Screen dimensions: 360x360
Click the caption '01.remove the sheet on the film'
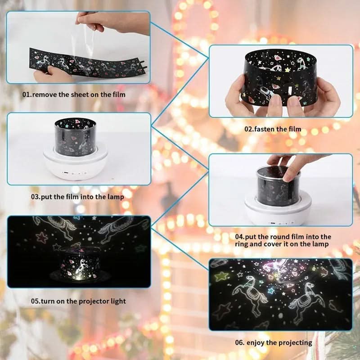pyautogui.click(x=74, y=94)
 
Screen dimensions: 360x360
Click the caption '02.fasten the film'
pyautogui.click(x=273, y=129)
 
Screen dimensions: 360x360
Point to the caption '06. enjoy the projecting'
pyautogui.click(x=273, y=342)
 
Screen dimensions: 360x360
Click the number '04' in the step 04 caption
pyautogui.click(x=239, y=236)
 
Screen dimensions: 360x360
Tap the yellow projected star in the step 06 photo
pyautogui.click(x=221, y=275)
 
